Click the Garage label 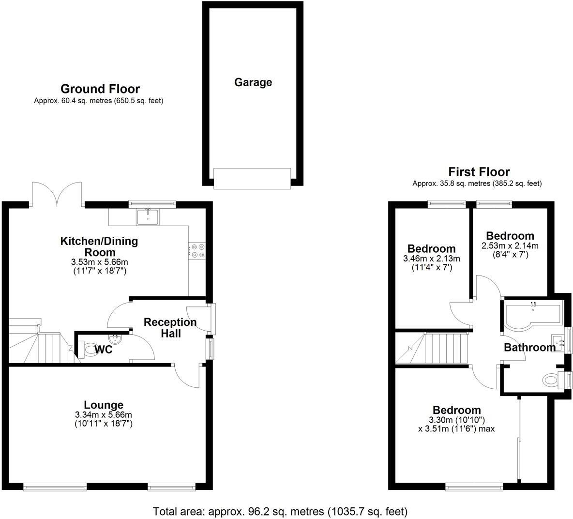(x=253, y=82)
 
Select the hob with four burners (x=198, y=250)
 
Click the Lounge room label (x=104, y=405)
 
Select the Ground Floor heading (x=100, y=89)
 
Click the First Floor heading (x=479, y=172)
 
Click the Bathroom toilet (x=552, y=380)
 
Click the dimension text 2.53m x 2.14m (x=510, y=246)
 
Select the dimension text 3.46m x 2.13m (x=431, y=259)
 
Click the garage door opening (x=253, y=178)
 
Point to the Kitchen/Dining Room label (x=99, y=246)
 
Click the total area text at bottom (x=280, y=511)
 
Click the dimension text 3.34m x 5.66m (x=104, y=415)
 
